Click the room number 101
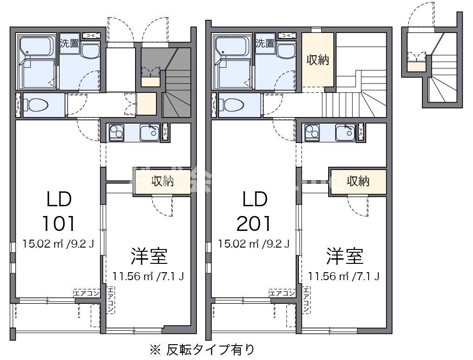coord(58,224)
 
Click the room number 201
coord(254,224)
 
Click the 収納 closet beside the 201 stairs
coord(317,60)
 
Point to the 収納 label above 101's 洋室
coord(162,181)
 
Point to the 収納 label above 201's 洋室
coord(358,181)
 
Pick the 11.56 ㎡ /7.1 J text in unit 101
coord(149,276)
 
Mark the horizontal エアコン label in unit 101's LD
coord(87,293)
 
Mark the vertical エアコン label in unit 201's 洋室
coord(306,300)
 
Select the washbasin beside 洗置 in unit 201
coord(287,51)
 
